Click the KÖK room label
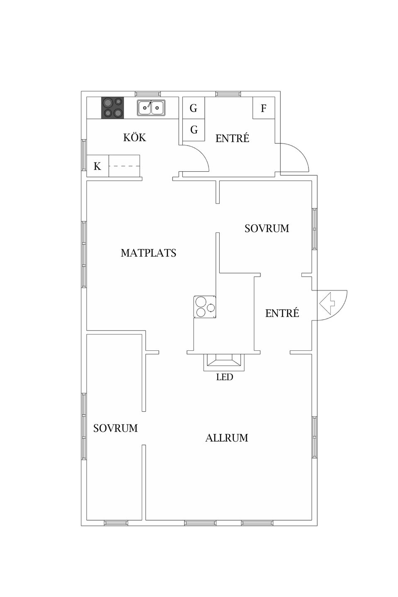coord(135,137)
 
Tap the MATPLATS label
coord(148,252)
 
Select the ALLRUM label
coord(227,438)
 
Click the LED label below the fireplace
coord(224,377)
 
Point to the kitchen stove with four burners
coord(112,108)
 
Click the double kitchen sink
coord(151,108)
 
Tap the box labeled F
coord(264,108)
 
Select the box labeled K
coord(97,166)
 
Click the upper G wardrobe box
coord(194,108)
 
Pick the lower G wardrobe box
coord(194,130)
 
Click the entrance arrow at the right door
coord(327,303)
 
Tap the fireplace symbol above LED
coord(224,362)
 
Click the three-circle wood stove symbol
coord(205,306)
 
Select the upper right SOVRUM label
coord(267,228)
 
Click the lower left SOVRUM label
coord(115,428)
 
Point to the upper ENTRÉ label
coord(232,138)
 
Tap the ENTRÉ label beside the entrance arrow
coord(282,313)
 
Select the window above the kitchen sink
coord(148,94)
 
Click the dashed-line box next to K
coord(124,166)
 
